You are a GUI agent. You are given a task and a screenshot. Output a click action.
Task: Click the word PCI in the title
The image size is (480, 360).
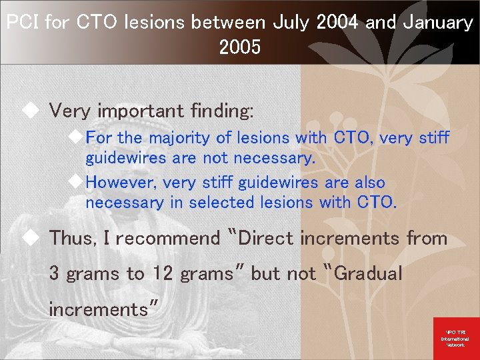(x=23, y=23)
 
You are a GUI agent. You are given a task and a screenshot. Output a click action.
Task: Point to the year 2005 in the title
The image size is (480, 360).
(x=239, y=48)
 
